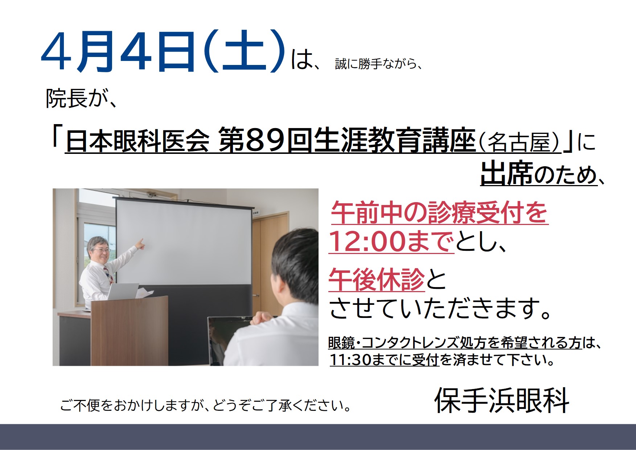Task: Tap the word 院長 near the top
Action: click(66, 98)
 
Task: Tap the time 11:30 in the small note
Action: click(350, 360)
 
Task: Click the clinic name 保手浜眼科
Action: click(501, 400)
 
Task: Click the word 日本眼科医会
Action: click(138, 141)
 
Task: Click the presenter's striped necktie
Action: click(108, 275)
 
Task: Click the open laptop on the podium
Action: click(122, 291)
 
